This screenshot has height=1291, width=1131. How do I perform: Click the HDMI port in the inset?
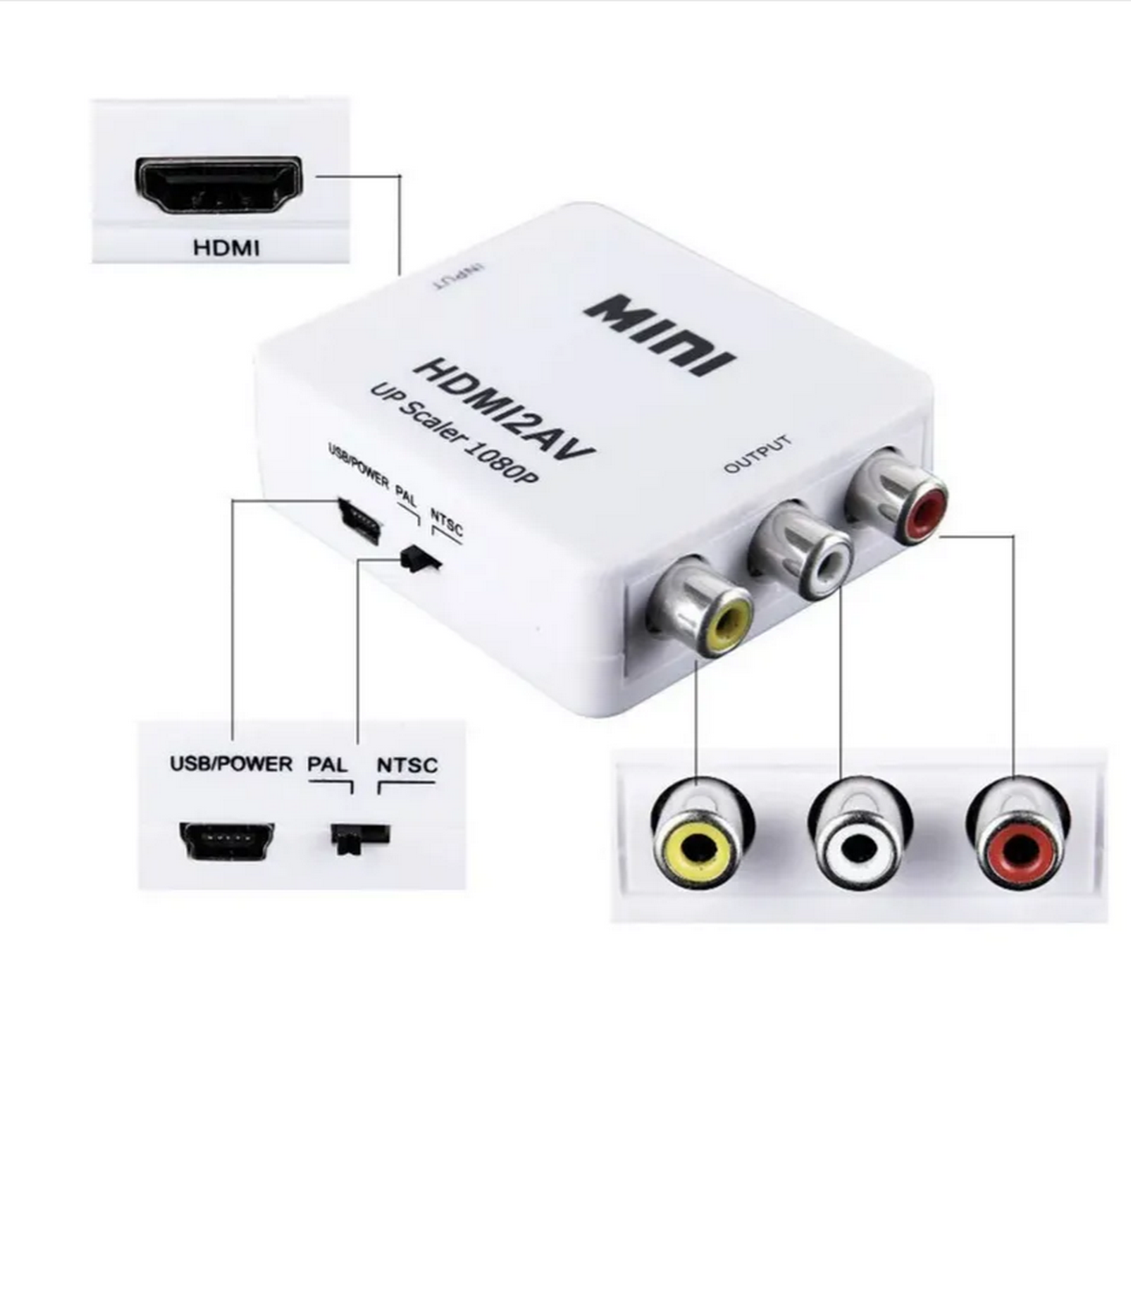coord(218,184)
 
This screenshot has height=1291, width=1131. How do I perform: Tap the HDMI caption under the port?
coord(226,248)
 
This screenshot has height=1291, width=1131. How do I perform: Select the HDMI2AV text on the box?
coord(504,410)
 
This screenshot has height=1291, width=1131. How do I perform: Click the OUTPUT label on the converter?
coord(758,454)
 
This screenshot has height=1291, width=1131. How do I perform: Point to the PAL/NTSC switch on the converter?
coord(419,559)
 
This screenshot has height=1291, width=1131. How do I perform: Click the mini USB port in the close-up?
coord(226,839)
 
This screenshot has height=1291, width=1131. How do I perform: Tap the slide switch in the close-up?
coord(359,839)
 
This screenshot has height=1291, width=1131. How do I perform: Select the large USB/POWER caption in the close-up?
coord(231,764)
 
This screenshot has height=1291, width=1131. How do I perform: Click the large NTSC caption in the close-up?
coord(407,766)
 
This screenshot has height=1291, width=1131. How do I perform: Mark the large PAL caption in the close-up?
coord(327,765)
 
